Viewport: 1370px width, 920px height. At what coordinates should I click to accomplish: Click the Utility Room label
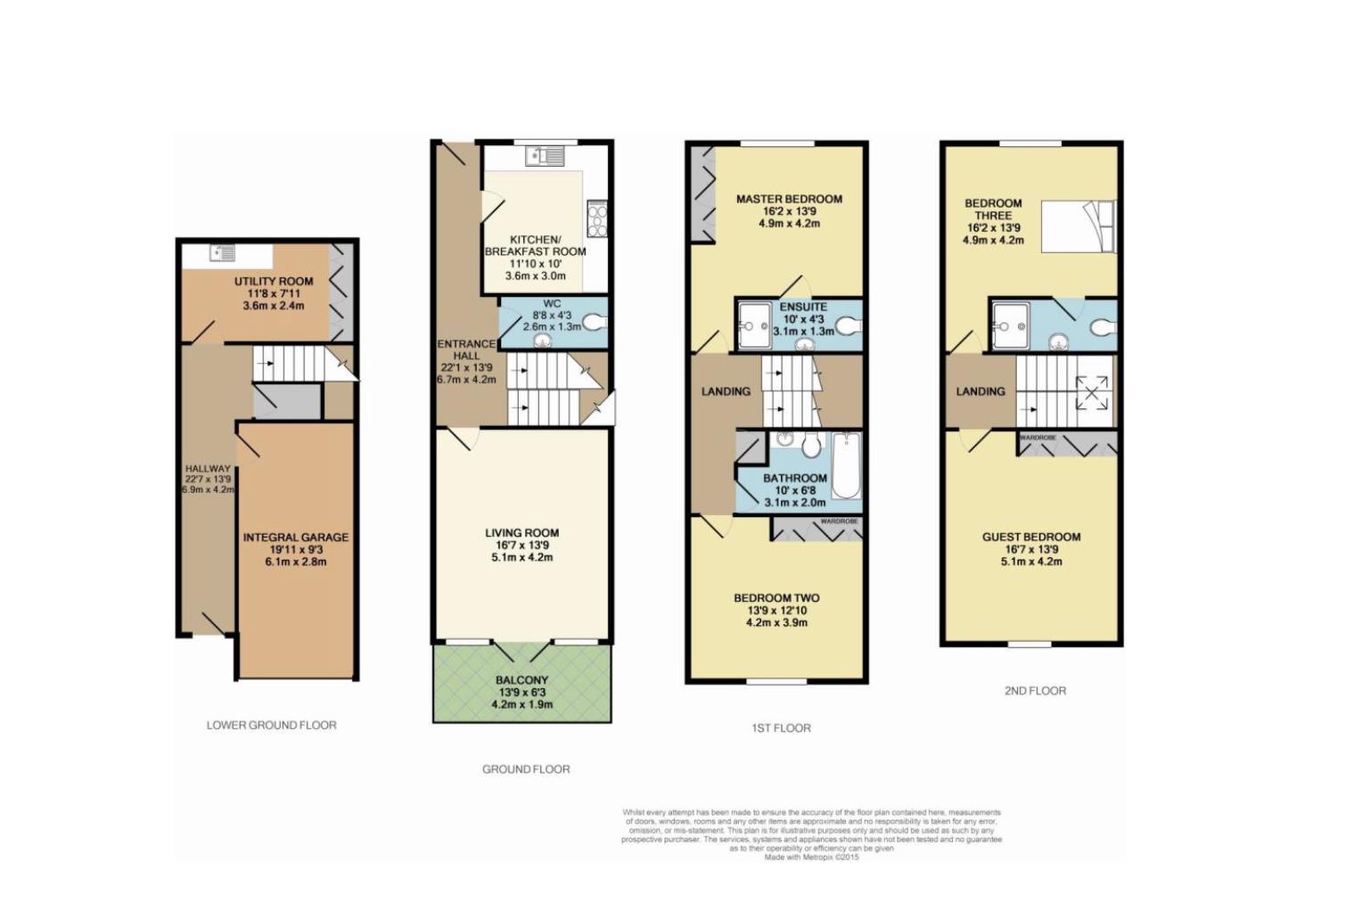point(273,282)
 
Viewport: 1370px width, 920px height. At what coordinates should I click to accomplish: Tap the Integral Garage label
point(296,538)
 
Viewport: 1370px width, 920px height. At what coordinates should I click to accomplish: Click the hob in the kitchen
point(596,218)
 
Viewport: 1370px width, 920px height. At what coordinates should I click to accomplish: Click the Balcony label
point(521,680)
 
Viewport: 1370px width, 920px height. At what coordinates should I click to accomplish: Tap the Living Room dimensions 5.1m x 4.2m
point(521,558)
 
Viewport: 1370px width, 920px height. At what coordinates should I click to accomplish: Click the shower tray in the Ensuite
point(754,325)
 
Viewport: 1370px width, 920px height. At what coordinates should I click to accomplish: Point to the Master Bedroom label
point(789,200)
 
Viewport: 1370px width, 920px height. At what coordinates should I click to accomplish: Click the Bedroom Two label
point(776,598)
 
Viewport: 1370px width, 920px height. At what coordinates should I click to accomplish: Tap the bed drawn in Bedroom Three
point(1079,227)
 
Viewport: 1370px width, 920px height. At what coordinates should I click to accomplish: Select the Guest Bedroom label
point(1031,537)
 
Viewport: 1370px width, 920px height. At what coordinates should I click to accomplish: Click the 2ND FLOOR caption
point(1035,691)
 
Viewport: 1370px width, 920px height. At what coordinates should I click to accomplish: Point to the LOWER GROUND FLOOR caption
point(272,726)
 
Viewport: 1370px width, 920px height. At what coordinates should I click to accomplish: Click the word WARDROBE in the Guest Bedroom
point(1038,438)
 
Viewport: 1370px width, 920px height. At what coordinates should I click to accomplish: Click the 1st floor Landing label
point(726,391)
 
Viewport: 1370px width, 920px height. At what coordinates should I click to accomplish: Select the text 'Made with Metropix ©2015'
point(811,858)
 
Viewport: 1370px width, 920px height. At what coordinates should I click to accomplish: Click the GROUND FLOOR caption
point(526,769)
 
